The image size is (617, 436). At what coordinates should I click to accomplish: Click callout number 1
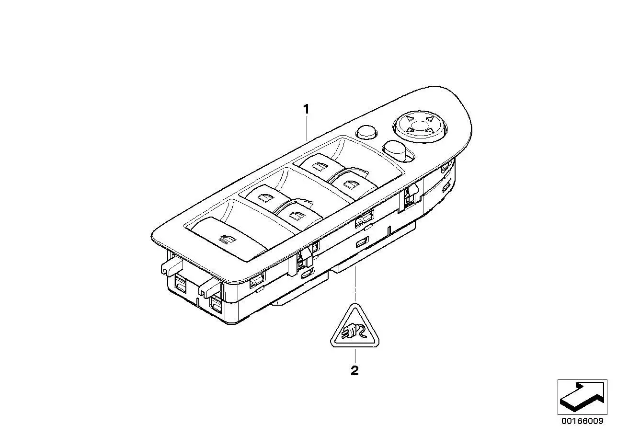coord(306,109)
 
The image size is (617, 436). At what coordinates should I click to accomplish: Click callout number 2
coord(354,370)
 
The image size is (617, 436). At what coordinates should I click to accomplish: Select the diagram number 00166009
coord(583,421)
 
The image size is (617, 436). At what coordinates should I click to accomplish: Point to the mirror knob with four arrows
coord(420,126)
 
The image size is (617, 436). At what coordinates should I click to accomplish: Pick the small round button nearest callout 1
coord(367,133)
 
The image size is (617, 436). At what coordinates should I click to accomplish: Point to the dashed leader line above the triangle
coord(355,284)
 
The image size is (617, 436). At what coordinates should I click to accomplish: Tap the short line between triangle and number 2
coord(355,356)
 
